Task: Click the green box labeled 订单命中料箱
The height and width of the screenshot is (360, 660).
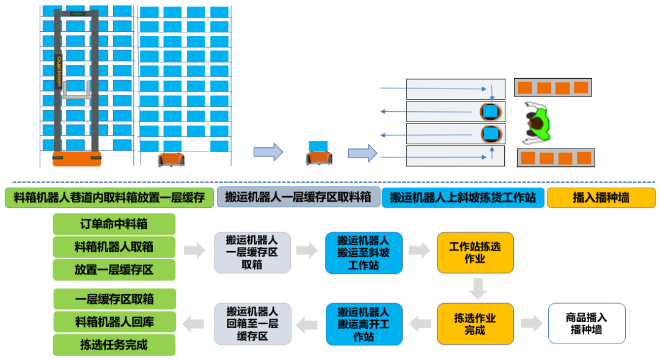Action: click(114, 224)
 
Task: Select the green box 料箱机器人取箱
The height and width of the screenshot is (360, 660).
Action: click(114, 247)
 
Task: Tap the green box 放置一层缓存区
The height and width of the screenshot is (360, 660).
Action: click(114, 270)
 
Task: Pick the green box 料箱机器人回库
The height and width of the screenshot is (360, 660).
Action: click(114, 321)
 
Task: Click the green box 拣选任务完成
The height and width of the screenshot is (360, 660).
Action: click(114, 345)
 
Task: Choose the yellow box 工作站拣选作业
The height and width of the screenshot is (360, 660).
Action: click(475, 252)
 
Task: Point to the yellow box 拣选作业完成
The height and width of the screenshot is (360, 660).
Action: click(475, 324)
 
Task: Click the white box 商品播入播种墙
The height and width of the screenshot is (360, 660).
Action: click(587, 323)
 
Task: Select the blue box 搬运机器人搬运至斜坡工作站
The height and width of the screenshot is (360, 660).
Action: click(364, 252)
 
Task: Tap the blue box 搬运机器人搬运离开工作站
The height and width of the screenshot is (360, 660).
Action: click(364, 324)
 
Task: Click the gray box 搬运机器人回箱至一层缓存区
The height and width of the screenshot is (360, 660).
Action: click(252, 324)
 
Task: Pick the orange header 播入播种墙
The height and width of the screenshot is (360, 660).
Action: click(601, 197)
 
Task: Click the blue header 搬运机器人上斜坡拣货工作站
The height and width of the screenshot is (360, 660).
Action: click(463, 197)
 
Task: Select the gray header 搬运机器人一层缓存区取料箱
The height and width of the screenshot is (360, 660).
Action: click(298, 197)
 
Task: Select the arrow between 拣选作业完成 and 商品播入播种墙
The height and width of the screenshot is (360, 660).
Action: click(531, 324)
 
